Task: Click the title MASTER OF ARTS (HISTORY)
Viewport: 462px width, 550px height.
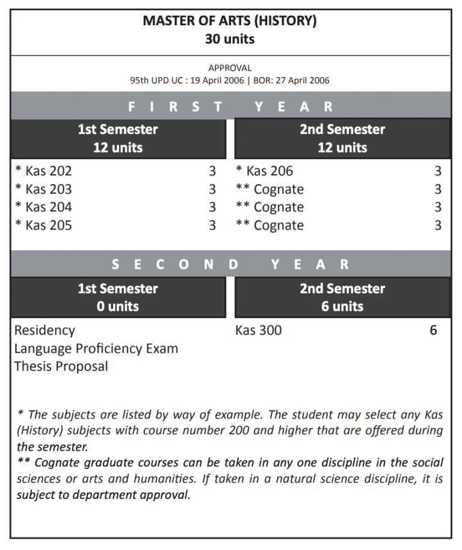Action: [230, 21]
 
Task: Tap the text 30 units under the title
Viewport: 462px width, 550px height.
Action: [230, 39]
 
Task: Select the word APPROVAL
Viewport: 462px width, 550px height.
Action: [230, 68]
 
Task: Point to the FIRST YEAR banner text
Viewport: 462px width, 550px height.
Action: [230, 107]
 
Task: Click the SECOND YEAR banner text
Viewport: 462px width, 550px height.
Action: [230, 264]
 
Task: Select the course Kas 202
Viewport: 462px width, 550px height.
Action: [48, 171]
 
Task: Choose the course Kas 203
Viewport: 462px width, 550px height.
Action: [48, 189]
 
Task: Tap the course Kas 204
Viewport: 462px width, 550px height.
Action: [48, 207]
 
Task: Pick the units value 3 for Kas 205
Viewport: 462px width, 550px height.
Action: [212, 225]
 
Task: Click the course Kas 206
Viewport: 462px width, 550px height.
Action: [269, 171]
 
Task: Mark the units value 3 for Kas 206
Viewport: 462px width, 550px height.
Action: [438, 171]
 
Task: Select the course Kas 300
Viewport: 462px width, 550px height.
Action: [259, 331]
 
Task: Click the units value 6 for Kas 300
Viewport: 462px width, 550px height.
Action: [433, 331]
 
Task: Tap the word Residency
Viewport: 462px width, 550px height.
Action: [45, 331]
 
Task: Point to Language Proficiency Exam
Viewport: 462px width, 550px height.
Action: [96, 349]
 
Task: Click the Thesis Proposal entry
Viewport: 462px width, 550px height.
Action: [61, 367]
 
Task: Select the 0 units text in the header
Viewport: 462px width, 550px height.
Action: [118, 307]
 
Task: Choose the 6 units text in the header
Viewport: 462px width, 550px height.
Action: [342, 307]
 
